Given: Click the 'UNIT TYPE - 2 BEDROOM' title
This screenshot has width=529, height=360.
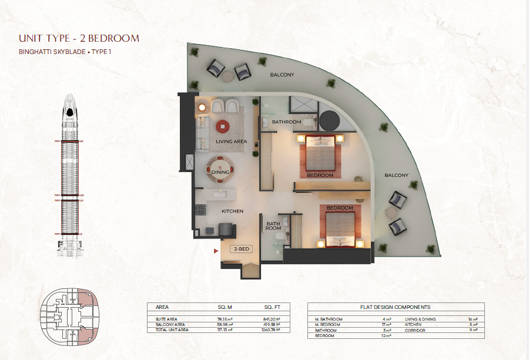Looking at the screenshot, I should coord(79,39).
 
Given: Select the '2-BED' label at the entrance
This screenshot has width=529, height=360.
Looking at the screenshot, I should coord(241,250).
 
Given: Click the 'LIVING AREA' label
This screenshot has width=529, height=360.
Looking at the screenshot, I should coord(231,142).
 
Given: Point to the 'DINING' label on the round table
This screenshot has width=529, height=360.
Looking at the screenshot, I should coord(220,172).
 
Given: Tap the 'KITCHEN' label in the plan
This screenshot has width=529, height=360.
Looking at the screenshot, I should coord(232,211).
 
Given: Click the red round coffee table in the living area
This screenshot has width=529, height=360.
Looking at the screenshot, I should coord(222,125).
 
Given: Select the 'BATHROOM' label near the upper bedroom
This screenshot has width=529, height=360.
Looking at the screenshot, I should coord(286,122).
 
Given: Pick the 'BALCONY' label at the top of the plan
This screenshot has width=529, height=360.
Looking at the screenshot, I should coord(282,75).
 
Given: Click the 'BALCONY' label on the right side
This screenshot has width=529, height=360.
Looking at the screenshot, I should coord(396,175).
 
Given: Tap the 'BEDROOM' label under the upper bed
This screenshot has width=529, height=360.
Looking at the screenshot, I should coord(320,175).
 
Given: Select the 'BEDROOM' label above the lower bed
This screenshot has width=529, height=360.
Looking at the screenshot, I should coord(340,208).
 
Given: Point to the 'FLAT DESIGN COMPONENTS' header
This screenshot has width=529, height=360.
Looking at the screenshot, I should coord(396,307).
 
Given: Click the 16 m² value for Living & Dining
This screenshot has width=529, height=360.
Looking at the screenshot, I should coord(474,319).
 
